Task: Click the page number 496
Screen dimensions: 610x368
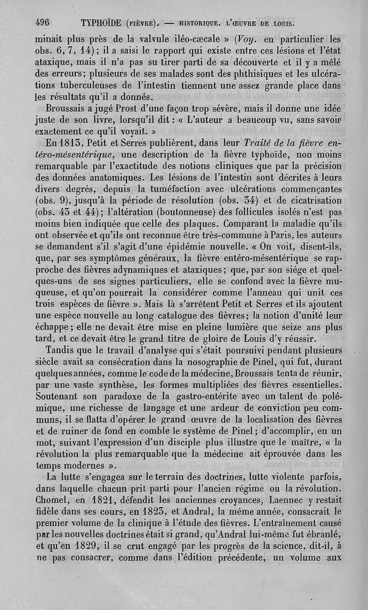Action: tap(41, 23)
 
